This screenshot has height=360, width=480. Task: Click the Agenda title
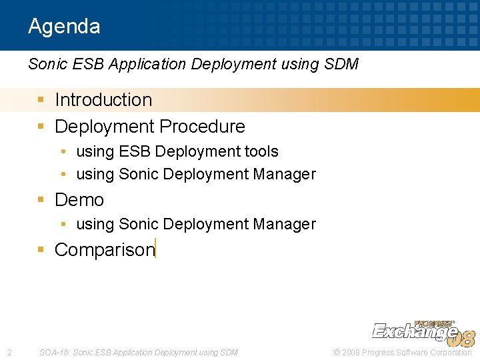64,27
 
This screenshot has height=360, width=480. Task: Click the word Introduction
103,100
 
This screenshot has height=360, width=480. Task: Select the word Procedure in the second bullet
207,127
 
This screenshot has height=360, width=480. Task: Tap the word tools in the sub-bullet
261,152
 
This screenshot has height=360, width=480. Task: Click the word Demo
79,200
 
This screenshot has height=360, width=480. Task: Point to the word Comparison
104,250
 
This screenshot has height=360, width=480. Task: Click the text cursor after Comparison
155,249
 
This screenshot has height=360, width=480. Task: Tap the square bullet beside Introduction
41,100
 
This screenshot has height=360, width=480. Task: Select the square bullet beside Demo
41,200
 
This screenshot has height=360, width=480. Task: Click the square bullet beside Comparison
41,250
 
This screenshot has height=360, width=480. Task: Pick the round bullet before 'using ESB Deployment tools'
63,152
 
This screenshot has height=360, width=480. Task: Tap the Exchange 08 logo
423,331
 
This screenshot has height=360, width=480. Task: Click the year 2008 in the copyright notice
353,352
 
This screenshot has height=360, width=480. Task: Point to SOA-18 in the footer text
54,352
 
